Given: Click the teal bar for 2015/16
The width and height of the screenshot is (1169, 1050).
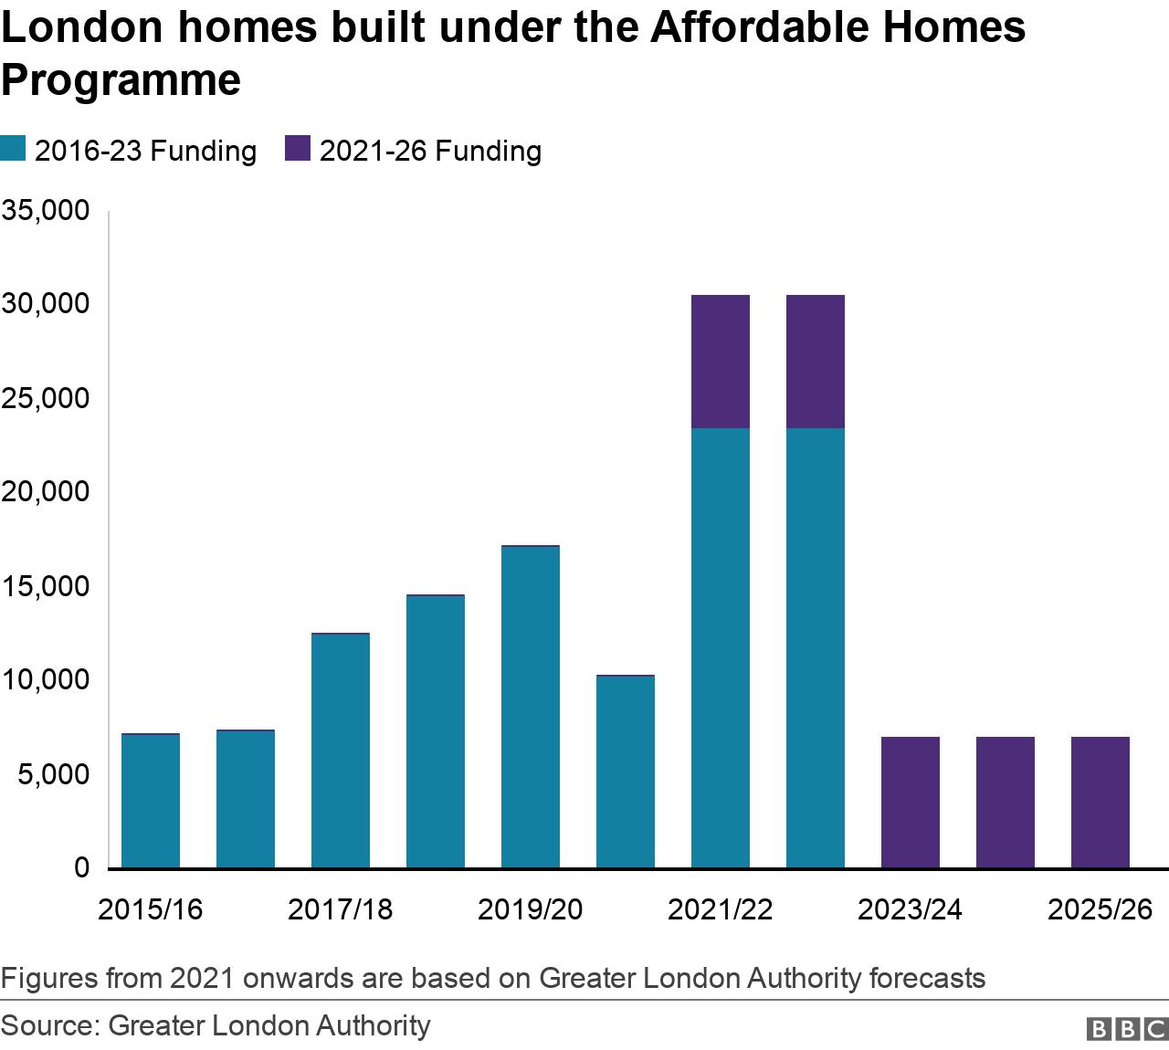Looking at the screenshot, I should point(151,801).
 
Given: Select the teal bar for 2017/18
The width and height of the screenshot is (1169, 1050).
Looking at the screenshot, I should point(341,751).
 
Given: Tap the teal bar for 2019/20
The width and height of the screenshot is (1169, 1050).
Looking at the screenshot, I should point(531,707).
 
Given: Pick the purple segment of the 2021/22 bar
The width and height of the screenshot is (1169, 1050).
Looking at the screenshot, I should point(721,362).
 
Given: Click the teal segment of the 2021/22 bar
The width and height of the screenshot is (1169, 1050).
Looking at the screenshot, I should point(721,647).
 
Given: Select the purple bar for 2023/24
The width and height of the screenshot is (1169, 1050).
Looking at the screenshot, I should point(911,802).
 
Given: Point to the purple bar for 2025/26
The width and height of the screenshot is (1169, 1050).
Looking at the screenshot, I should point(1101,802).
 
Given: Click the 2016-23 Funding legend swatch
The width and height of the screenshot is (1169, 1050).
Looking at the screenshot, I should point(13,149).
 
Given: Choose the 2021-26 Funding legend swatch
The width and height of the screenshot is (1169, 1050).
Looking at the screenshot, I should point(298,149).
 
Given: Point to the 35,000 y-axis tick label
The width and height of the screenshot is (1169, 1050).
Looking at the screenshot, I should point(46,211).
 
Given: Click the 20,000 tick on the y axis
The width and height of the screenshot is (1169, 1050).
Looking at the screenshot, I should point(46,492).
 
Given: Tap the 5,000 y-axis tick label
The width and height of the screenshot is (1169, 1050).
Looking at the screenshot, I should point(53,774).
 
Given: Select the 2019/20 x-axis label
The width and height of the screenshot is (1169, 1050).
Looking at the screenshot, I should point(531,909).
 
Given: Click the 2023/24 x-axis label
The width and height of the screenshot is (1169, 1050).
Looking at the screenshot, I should point(911,909).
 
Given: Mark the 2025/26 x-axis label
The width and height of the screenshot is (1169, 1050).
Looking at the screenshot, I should point(1101,909).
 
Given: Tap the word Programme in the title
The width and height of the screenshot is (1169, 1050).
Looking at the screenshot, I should point(121,80).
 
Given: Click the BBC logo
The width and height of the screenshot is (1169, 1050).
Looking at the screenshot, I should point(1127,1029).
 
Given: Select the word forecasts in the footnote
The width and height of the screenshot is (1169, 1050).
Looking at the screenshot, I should point(927,979).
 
